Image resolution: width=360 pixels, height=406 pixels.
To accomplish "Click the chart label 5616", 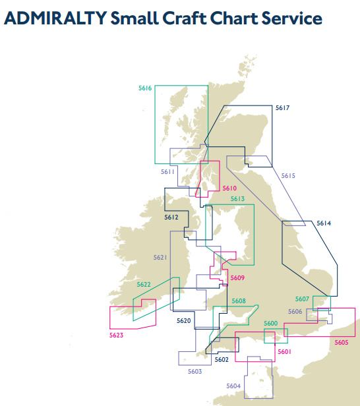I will click(145, 88).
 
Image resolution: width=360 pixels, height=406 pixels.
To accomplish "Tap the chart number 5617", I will click(282, 107).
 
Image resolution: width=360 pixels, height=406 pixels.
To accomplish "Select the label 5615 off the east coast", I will click(288, 176).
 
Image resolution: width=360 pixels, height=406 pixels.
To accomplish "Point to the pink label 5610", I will click(229, 188).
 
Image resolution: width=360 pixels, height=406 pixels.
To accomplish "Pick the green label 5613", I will click(237, 198).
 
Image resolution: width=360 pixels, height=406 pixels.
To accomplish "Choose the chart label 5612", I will click(171, 217).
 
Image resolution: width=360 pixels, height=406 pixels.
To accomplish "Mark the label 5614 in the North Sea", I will click(323, 223).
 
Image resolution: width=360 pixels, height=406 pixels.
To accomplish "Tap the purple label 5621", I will click(160, 257).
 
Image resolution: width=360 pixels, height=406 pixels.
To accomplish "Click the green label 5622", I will click(144, 285).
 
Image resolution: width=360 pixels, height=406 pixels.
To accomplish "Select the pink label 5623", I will click(116, 335).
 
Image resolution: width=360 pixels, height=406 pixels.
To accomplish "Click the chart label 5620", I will click(184, 321).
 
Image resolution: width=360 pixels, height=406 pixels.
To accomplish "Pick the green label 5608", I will click(239, 301).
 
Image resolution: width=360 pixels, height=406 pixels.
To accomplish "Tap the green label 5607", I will click(302, 299).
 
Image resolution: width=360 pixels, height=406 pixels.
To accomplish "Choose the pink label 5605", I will click(341, 342).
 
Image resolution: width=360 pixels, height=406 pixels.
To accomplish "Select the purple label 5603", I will click(195, 372).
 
